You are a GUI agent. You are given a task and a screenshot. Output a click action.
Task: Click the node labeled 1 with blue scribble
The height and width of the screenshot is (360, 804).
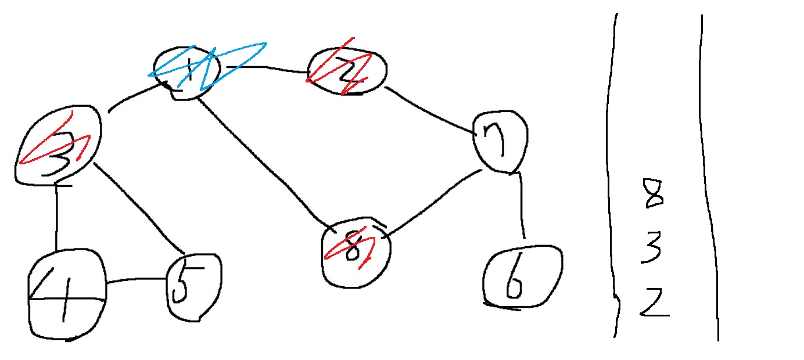(x=187, y=73)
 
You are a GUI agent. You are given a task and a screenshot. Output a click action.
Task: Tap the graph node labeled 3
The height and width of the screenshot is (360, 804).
(x=59, y=145)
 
